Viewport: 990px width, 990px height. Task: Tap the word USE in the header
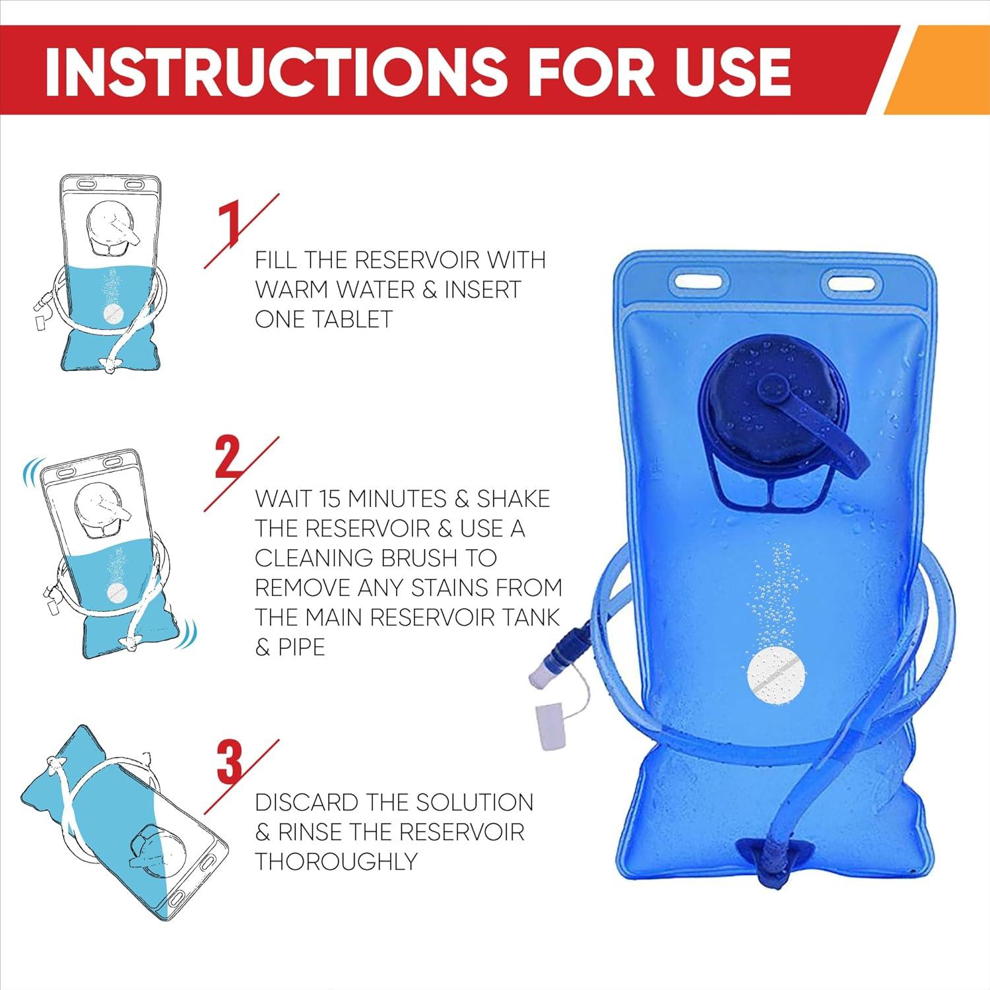tap(733, 71)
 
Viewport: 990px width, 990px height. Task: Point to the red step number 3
tap(230, 764)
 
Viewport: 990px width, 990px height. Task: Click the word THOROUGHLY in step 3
tap(336, 862)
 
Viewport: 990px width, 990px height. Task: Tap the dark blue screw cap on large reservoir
tap(762, 409)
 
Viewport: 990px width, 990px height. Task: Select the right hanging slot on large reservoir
tap(853, 284)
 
